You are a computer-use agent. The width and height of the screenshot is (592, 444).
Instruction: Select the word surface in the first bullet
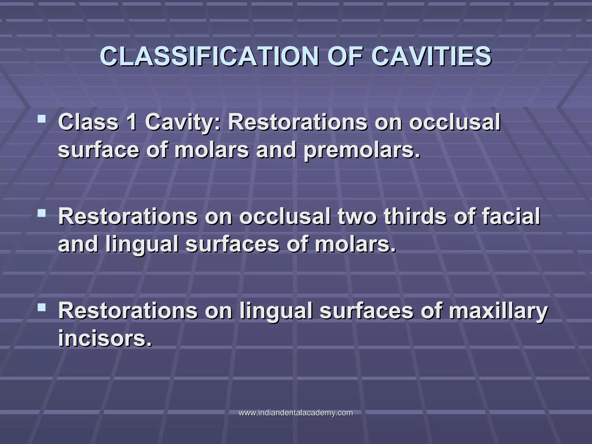(98, 151)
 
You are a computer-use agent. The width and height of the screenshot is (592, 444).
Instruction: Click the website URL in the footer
(296, 412)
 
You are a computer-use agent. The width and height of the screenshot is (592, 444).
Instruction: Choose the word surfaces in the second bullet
(232, 244)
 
